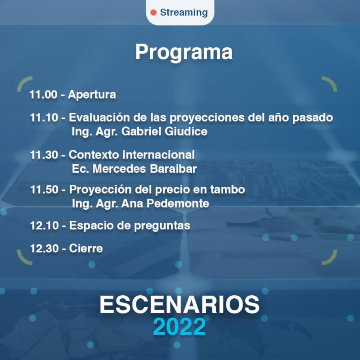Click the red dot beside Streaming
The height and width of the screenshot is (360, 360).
click(x=153, y=13)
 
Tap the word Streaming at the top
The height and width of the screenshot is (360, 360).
click(x=184, y=13)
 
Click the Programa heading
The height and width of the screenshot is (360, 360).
click(x=184, y=53)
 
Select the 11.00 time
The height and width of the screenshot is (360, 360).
click(x=43, y=94)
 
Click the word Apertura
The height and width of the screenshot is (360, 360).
click(x=92, y=95)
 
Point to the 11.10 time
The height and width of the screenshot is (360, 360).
click(x=44, y=117)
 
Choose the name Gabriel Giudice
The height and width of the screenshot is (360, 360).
click(x=164, y=131)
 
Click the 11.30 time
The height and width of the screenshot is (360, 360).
click(x=44, y=155)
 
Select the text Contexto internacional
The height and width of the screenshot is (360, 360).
click(x=132, y=154)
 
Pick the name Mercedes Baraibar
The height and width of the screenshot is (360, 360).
click(x=144, y=169)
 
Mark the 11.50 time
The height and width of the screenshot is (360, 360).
click(x=44, y=189)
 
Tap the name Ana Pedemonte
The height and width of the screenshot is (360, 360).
click(x=165, y=203)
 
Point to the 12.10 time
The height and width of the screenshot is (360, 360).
click(x=44, y=225)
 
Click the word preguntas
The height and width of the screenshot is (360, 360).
click(x=162, y=226)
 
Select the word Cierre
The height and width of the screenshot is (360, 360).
click(x=86, y=248)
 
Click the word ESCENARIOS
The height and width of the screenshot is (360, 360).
click(x=180, y=305)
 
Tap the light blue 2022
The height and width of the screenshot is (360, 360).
click(x=179, y=327)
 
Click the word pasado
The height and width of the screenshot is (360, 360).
click(x=312, y=118)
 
